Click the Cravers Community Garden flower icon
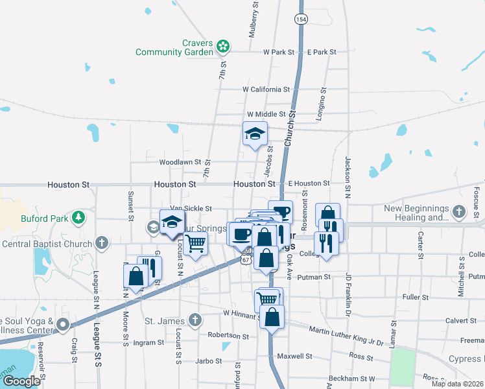click(x=223, y=46)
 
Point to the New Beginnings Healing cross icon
click(x=458, y=211)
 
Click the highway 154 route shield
click(x=302, y=20)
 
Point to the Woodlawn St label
click(x=181, y=162)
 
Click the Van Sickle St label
click(x=191, y=209)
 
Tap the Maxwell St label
click(x=294, y=357)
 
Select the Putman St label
click(x=314, y=277)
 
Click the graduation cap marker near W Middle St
click(x=255, y=134)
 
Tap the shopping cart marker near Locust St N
click(x=195, y=244)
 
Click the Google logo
click(x=21, y=381)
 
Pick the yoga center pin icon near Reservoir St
click(x=63, y=324)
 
